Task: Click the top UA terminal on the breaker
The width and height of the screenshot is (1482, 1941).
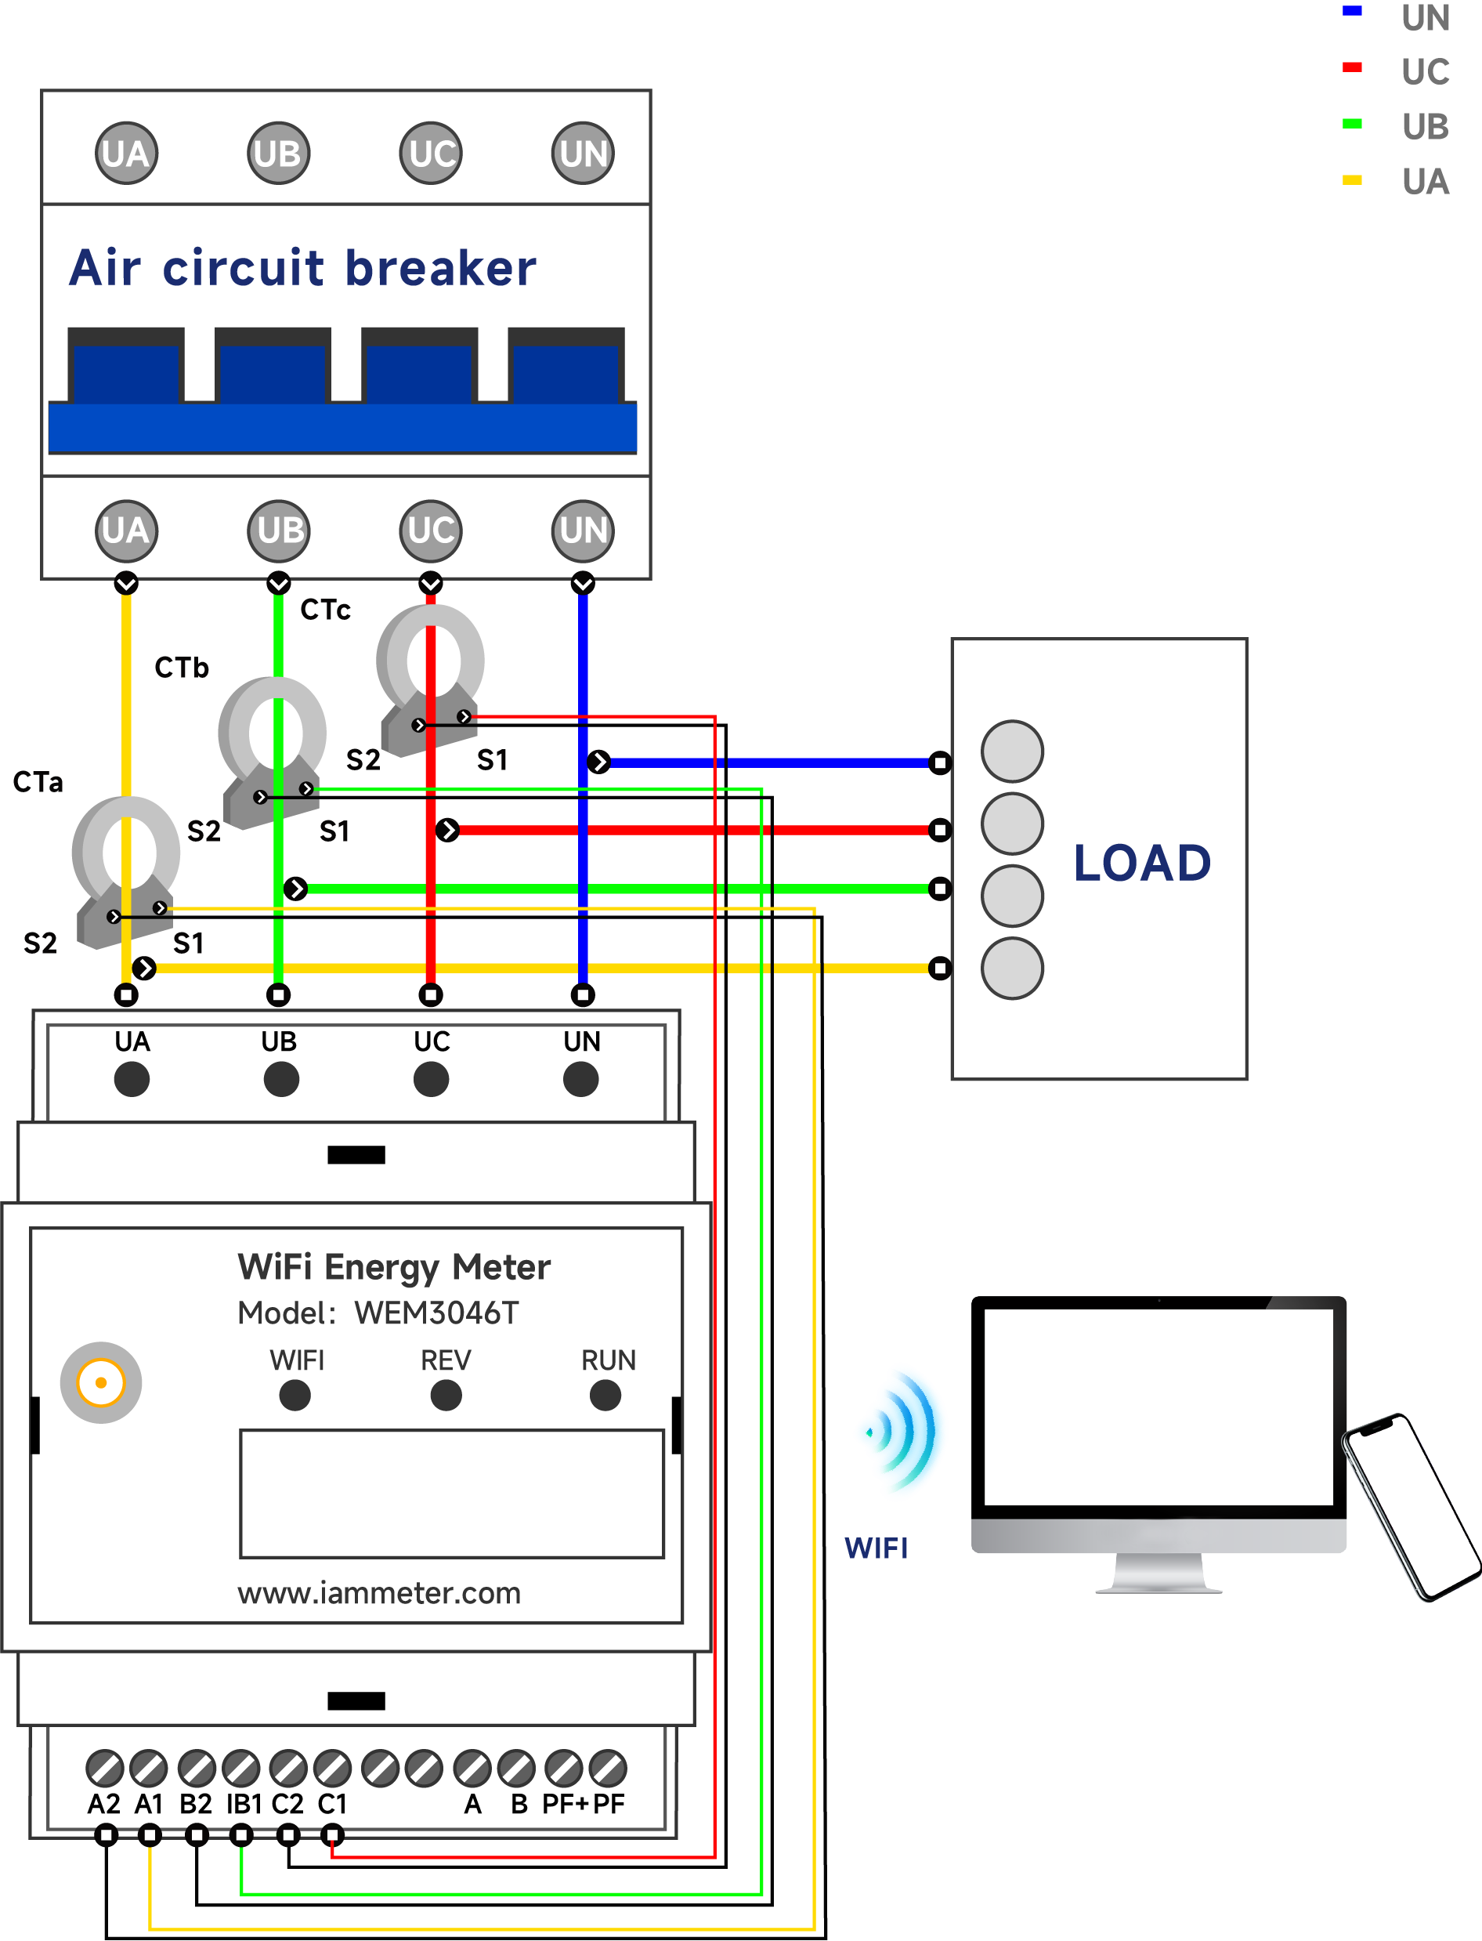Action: (126, 154)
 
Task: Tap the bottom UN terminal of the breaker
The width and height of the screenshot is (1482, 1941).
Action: (582, 531)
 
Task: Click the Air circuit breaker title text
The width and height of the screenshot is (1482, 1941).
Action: (302, 268)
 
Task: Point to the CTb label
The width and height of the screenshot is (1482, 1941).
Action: (182, 667)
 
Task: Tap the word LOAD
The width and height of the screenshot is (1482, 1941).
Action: (1141, 863)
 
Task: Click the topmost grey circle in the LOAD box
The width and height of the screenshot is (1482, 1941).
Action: (1012, 751)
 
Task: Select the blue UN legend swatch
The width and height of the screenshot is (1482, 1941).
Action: (1351, 12)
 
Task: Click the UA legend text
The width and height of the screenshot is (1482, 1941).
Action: (1425, 182)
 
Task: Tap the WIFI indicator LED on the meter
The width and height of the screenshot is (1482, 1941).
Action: (295, 1396)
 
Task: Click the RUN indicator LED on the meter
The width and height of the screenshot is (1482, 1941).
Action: (605, 1396)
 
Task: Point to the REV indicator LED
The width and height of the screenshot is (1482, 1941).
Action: (446, 1396)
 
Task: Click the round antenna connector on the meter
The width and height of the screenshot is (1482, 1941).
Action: (100, 1382)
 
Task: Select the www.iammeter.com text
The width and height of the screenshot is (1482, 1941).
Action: (379, 1593)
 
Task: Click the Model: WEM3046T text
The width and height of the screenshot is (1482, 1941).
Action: (378, 1313)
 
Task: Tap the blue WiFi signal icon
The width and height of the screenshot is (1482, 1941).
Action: (902, 1431)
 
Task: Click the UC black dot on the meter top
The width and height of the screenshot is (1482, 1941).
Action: (431, 1079)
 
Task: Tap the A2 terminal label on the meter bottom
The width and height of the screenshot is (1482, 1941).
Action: (104, 1804)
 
